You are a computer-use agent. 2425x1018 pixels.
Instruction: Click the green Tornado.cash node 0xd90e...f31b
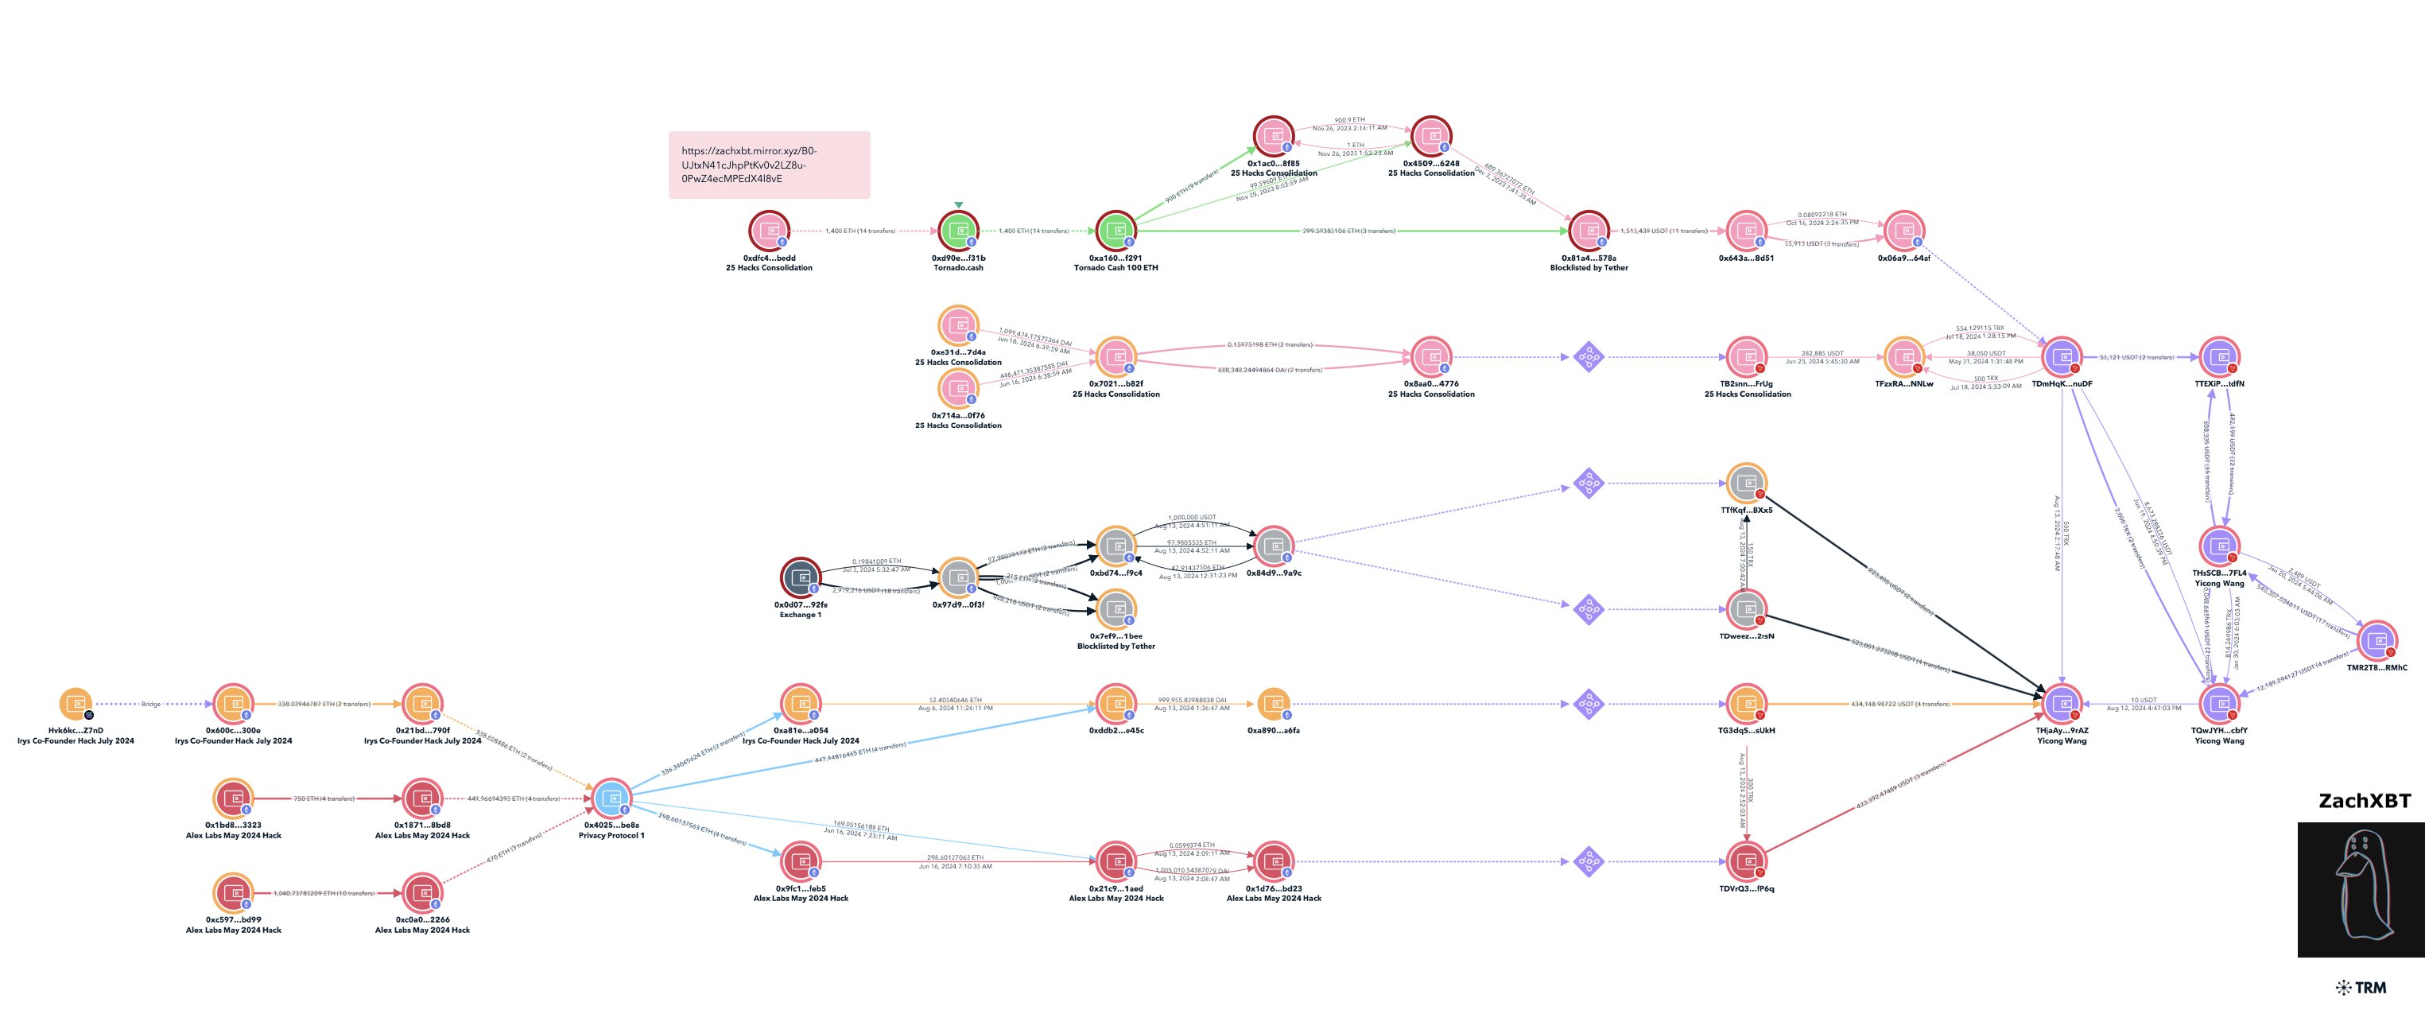(958, 231)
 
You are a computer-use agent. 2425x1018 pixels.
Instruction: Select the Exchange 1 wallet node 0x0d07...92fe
(801, 578)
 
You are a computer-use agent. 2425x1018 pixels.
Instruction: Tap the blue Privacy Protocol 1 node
(612, 798)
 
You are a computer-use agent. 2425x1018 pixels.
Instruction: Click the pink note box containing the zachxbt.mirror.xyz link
(769, 165)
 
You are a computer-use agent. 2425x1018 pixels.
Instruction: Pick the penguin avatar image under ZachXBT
(2360, 889)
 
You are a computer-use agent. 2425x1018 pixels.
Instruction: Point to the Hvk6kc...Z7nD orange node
(76, 704)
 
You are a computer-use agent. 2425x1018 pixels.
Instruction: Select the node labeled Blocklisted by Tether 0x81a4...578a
(1589, 231)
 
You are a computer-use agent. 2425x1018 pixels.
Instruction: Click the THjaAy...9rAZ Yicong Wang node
(2062, 704)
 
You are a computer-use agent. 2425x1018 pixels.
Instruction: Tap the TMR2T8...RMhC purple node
(2377, 641)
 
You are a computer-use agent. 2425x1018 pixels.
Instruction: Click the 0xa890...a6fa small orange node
(1274, 704)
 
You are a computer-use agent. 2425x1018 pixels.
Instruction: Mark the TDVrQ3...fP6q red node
(1746, 861)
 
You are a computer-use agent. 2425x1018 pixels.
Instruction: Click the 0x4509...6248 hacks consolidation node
(1431, 137)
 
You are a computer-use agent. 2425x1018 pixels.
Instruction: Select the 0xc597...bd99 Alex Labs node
(232, 893)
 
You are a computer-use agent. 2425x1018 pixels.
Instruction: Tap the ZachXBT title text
(2364, 800)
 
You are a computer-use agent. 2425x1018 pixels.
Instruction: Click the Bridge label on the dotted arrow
(150, 705)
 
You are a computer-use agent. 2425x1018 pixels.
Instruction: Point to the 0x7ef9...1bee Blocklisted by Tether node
(1116, 609)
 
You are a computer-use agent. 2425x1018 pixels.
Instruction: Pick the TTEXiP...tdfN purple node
(2220, 357)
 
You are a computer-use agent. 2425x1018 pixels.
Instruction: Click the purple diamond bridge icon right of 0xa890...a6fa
(1589, 704)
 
